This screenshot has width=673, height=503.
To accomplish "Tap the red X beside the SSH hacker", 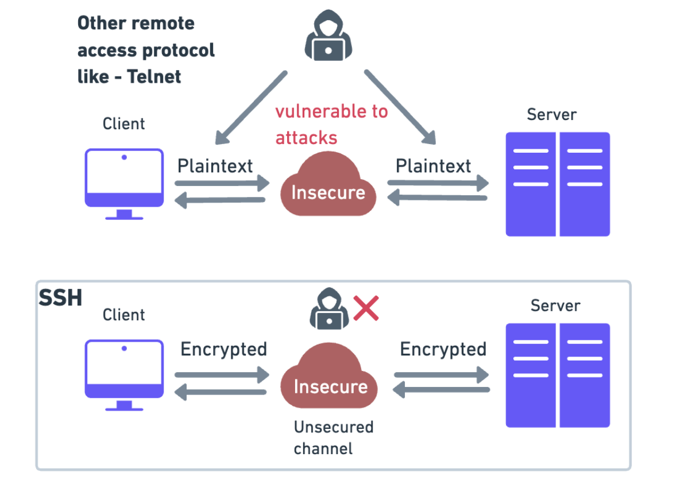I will [x=366, y=308].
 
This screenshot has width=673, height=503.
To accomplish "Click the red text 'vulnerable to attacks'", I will [x=331, y=124].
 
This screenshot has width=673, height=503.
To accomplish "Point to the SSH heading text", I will [x=60, y=298].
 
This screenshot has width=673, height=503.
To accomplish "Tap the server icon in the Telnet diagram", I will [x=558, y=184].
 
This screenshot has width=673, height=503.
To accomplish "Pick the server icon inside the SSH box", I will [x=558, y=375].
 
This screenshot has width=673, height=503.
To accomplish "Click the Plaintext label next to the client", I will [x=215, y=166].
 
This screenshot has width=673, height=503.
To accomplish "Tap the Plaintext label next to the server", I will [x=434, y=166].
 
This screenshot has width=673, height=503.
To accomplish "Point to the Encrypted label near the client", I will [x=223, y=349].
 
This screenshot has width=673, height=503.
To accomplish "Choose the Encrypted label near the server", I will [x=443, y=349].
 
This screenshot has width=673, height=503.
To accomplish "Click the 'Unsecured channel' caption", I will [x=334, y=438].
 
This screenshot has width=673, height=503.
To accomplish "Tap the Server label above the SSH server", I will [x=555, y=305].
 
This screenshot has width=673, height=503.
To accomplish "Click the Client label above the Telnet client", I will [x=123, y=123].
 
